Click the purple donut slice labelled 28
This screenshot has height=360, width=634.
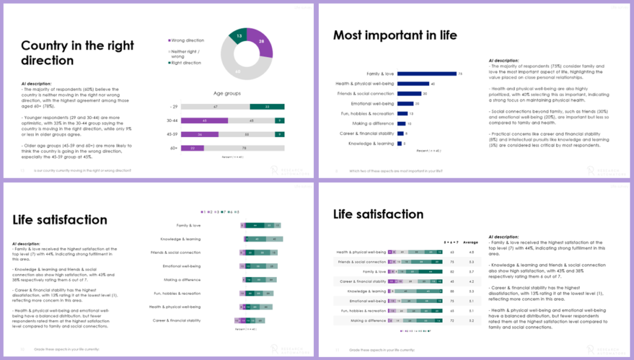point(263,43)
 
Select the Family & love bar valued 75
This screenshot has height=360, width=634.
point(427,74)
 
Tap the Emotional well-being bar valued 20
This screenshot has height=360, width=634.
point(405,103)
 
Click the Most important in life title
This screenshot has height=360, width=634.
point(395,35)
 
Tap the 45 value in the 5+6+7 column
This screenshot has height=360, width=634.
point(453,281)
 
